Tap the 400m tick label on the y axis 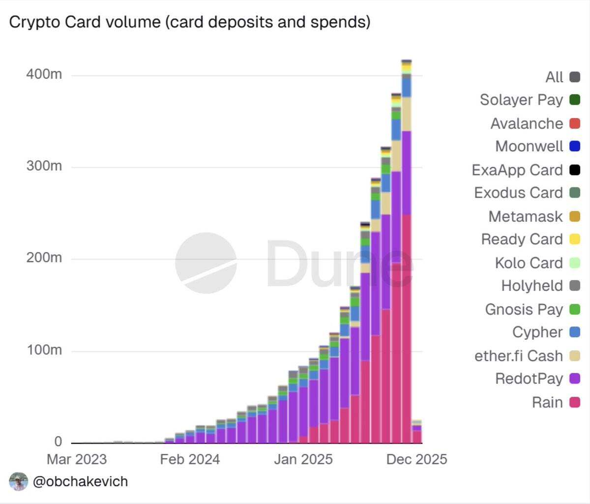tap(44, 74)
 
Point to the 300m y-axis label tap(44, 166)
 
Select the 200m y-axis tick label tap(44, 258)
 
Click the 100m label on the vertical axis tap(44, 350)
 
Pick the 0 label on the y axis tap(58, 441)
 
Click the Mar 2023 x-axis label tap(77, 459)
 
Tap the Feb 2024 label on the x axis tap(190, 459)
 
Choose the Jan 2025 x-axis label tap(303, 459)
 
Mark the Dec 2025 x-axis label tap(416, 459)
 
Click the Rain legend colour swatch tap(574, 402)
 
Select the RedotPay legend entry tap(529, 379)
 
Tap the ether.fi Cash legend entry tap(518, 356)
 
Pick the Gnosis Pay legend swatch tap(574, 309)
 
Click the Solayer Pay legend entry tap(521, 100)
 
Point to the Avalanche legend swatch tap(574, 123)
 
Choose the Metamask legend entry tap(525, 216)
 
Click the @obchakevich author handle tap(80, 481)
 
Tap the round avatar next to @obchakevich tap(19, 481)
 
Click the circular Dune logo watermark tap(206, 263)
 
